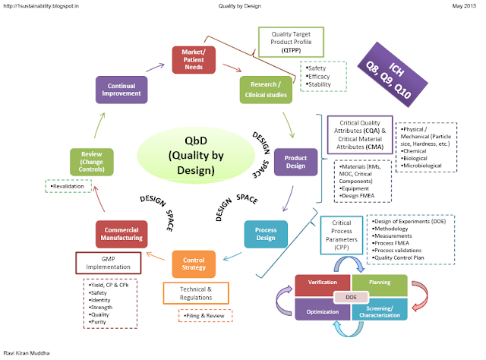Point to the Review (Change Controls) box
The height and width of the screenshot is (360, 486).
coord(91,164)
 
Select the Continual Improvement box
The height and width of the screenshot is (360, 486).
coord(121,88)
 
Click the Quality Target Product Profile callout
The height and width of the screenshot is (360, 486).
coord(294,41)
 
